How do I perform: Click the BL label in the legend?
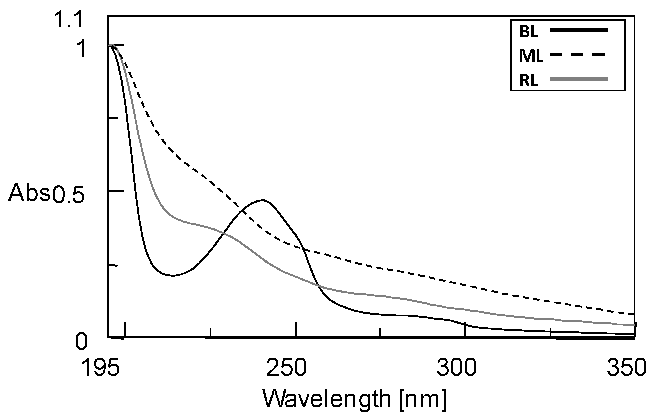[x=528, y=32]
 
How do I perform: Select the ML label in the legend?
[x=531, y=57]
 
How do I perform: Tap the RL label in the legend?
[x=528, y=81]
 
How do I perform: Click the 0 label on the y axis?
[x=81, y=343]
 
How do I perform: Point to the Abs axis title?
[x=29, y=194]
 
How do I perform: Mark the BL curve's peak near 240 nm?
[x=263, y=200]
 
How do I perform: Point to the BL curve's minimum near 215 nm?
[x=172, y=275]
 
